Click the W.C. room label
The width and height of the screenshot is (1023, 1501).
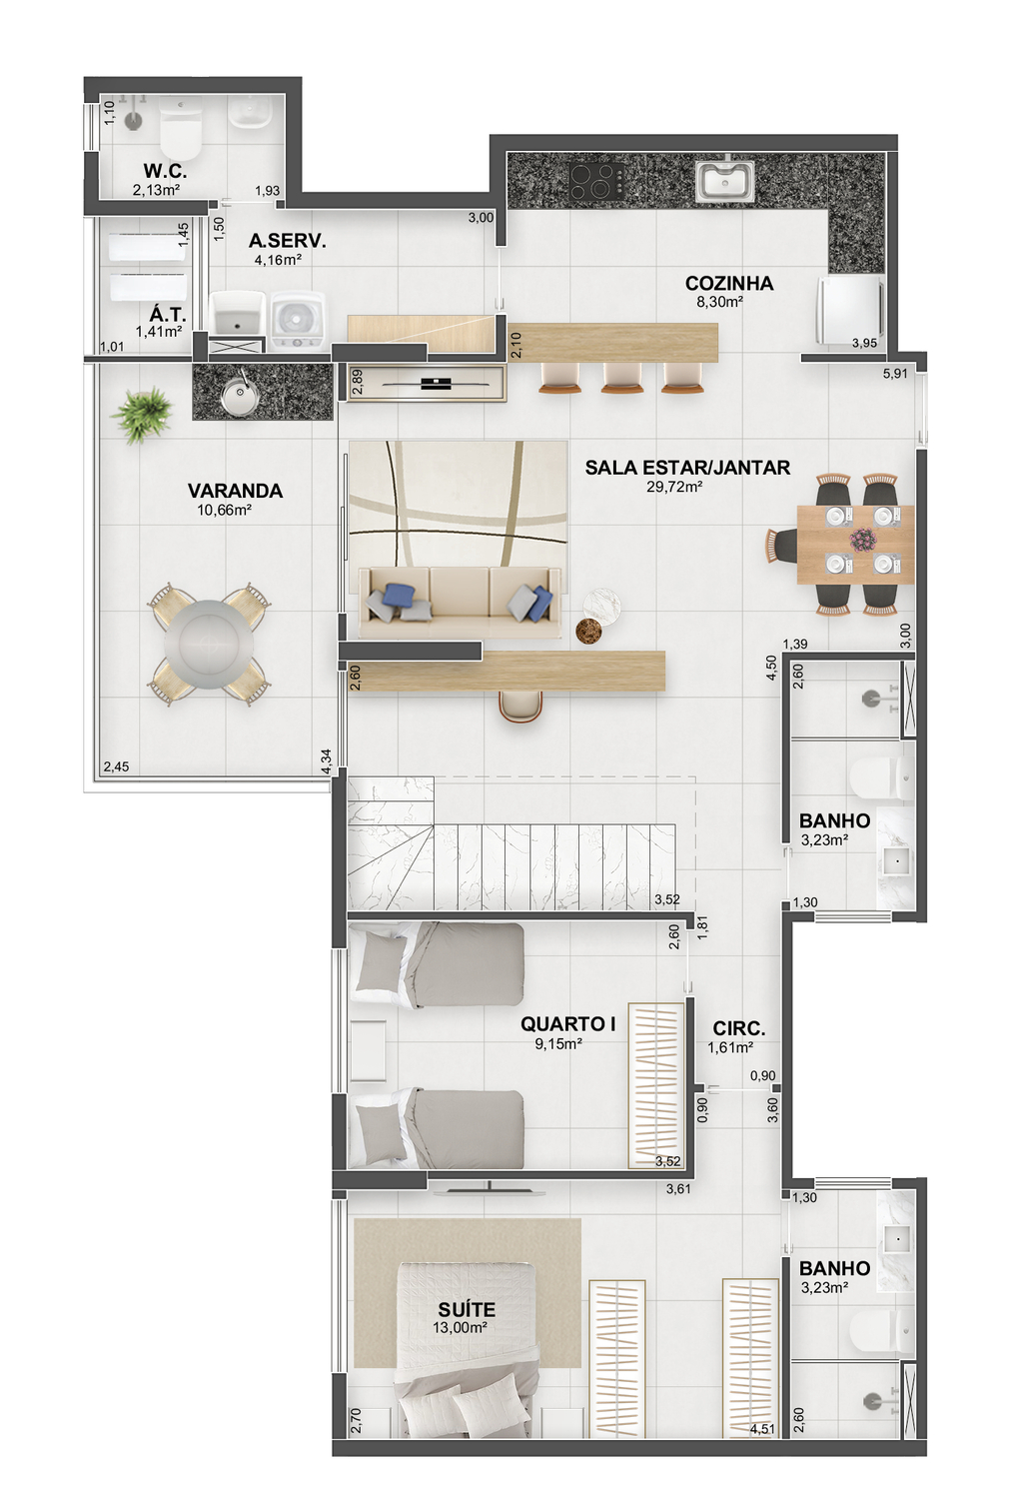(x=165, y=171)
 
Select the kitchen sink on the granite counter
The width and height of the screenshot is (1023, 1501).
(x=725, y=180)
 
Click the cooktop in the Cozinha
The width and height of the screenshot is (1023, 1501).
(x=593, y=181)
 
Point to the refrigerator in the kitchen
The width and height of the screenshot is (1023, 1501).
(x=849, y=310)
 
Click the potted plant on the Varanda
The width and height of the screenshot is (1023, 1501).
(x=142, y=414)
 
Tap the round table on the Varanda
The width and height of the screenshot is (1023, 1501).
(x=209, y=643)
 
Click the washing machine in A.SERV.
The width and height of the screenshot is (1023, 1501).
(x=298, y=321)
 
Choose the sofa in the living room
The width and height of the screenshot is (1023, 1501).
(x=459, y=602)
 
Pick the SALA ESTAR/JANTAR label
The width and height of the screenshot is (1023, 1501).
(x=687, y=467)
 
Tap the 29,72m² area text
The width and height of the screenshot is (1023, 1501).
(x=674, y=487)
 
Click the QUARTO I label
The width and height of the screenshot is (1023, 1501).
(x=568, y=1023)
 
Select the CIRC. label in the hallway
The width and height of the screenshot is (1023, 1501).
(x=739, y=1028)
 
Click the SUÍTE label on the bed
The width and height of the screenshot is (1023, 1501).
(x=467, y=1309)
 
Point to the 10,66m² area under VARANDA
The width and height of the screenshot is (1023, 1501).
(x=224, y=510)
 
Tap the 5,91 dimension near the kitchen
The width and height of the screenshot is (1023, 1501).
(x=895, y=373)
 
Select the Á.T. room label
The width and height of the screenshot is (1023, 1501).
(x=168, y=314)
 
